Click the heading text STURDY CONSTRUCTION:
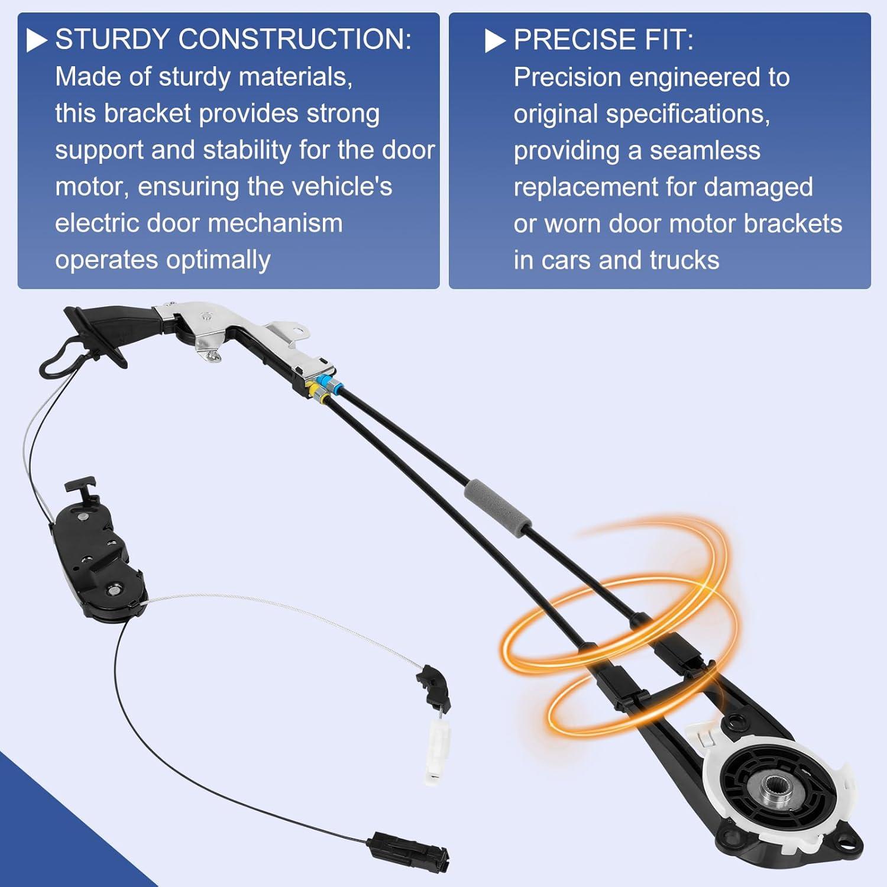(x=233, y=40)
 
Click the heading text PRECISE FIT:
(x=603, y=40)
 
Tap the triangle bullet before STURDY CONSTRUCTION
(x=37, y=40)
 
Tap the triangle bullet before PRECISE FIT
(x=495, y=41)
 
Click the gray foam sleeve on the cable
(x=498, y=507)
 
